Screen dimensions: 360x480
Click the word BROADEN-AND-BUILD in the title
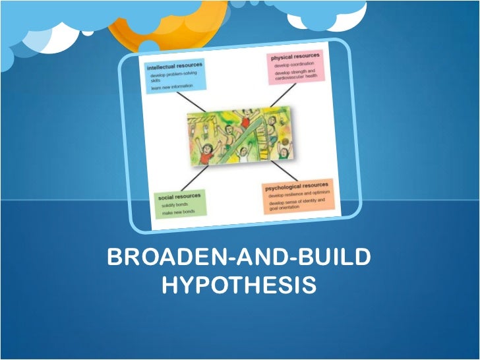click(239, 258)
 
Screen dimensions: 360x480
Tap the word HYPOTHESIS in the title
click(239, 286)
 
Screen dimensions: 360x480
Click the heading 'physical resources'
click(295, 57)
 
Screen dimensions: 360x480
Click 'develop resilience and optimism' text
click(298, 195)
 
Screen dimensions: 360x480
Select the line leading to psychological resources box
click(280, 173)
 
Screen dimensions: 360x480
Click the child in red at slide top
click(246, 120)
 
